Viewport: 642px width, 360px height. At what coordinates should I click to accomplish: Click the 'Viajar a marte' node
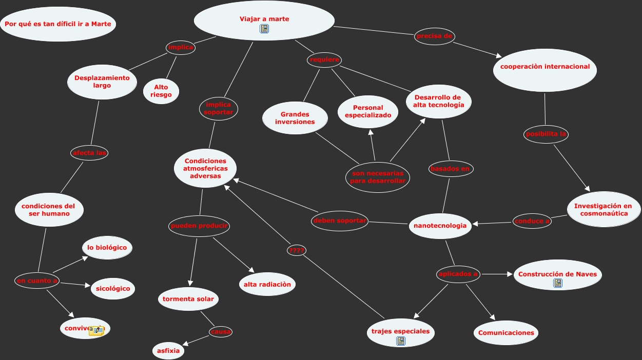pyautogui.click(x=264, y=19)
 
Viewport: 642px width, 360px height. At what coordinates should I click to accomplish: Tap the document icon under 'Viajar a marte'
pyautogui.click(x=264, y=29)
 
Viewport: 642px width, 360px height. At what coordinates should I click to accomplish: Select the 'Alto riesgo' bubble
pyautogui.click(x=161, y=91)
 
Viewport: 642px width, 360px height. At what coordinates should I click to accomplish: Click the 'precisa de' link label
pyautogui.click(x=435, y=36)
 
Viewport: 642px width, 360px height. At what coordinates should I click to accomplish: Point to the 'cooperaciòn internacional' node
pyautogui.click(x=544, y=67)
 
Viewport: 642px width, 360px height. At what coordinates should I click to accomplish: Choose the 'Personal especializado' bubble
pyautogui.click(x=368, y=112)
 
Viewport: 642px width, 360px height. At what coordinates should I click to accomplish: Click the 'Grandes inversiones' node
pyautogui.click(x=295, y=118)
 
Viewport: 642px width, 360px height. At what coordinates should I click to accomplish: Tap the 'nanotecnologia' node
pyautogui.click(x=440, y=226)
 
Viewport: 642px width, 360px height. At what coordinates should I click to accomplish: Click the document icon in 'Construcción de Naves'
pyautogui.click(x=558, y=283)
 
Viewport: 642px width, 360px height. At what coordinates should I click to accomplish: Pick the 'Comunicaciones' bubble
pyautogui.click(x=506, y=333)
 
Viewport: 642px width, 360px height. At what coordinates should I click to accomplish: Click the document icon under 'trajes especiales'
pyautogui.click(x=401, y=341)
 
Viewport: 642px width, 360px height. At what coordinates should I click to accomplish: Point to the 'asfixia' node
pyautogui.click(x=169, y=351)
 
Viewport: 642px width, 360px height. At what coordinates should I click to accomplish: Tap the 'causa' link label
pyautogui.click(x=221, y=332)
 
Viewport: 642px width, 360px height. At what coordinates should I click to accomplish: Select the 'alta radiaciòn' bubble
pyautogui.click(x=267, y=285)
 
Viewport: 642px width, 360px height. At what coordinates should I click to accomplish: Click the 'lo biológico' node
pyautogui.click(x=107, y=248)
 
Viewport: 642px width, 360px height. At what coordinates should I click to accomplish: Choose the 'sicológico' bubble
pyautogui.click(x=113, y=288)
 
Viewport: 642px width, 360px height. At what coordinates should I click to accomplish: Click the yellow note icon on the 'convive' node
pyautogui.click(x=96, y=331)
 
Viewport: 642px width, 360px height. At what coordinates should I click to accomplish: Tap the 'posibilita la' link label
pyautogui.click(x=546, y=134)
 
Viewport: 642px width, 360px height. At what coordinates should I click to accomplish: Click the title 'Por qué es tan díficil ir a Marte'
pyautogui.click(x=58, y=24)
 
